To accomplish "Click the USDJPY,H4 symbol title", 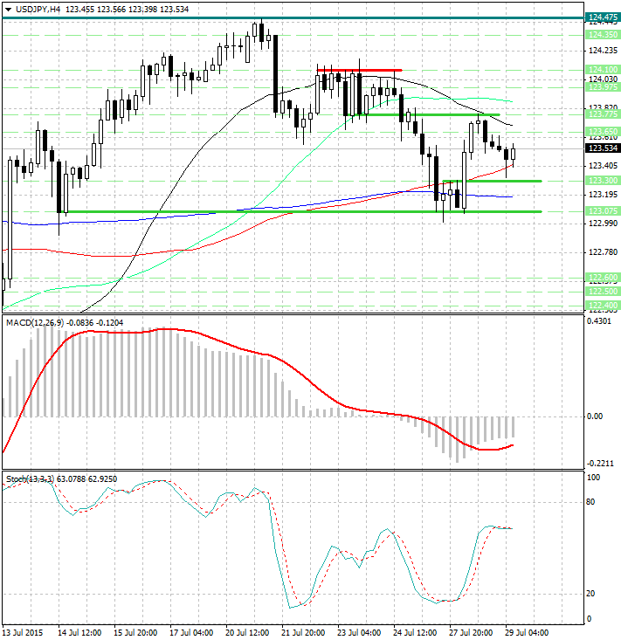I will point(32,8).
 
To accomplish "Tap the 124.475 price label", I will point(602,17).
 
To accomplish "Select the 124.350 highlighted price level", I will point(602,35).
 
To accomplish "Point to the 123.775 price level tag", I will point(602,114).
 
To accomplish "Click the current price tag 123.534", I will point(602,148).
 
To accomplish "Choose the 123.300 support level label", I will point(602,181).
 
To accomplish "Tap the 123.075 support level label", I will point(602,211).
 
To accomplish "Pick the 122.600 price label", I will point(602,277).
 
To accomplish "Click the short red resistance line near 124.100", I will point(359,70).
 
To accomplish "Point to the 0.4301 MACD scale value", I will point(602,322).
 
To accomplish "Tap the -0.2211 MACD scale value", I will point(602,464).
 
